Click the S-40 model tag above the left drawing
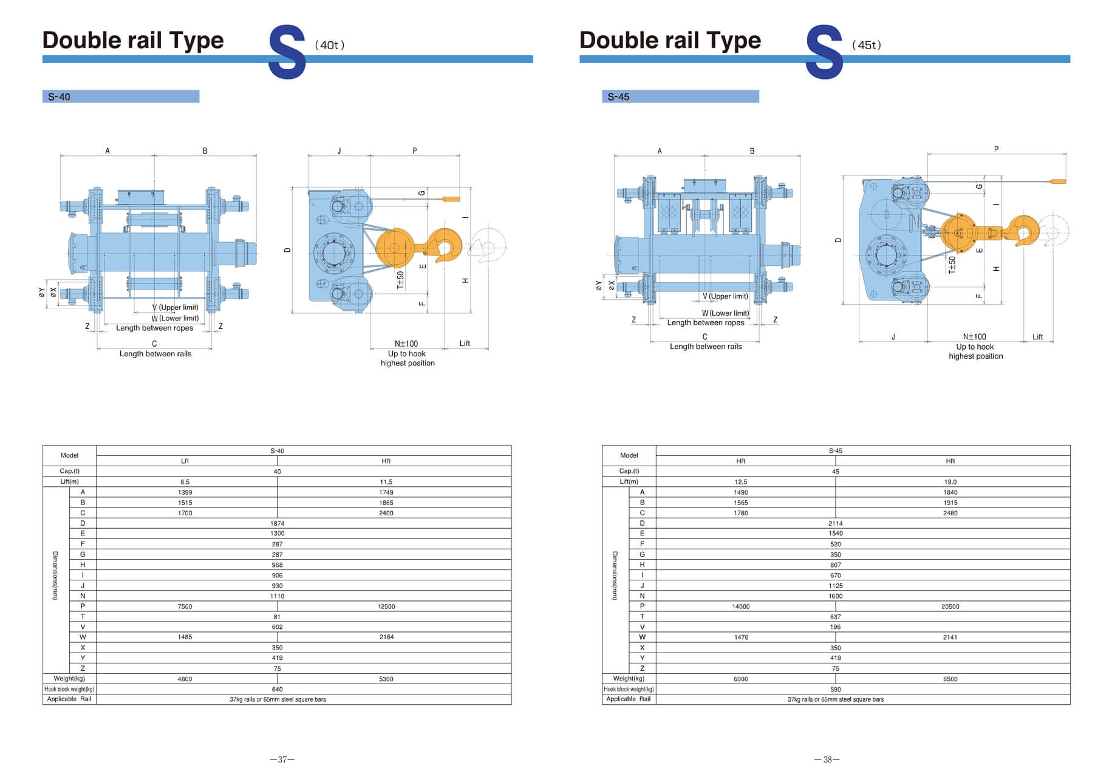pos(60,97)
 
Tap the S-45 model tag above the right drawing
pos(618,97)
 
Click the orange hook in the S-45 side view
pos(1023,231)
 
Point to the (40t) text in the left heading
pos(330,45)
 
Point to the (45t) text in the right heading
pos(867,45)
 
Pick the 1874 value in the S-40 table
pos(277,523)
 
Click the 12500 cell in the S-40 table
pos(386,606)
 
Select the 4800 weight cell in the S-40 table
pos(185,679)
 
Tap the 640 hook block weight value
pos(277,690)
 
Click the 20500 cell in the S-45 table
pos(950,606)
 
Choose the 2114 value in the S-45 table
pos(835,523)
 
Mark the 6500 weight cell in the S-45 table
pos(950,679)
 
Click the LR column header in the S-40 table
pos(185,461)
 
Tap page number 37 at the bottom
pos(282,759)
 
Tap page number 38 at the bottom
pos(827,759)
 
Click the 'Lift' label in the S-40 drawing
pos(465,344)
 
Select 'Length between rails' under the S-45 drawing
pos(706,347)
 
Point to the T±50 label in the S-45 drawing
pos(952,265)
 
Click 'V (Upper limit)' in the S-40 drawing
pos(176,307)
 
